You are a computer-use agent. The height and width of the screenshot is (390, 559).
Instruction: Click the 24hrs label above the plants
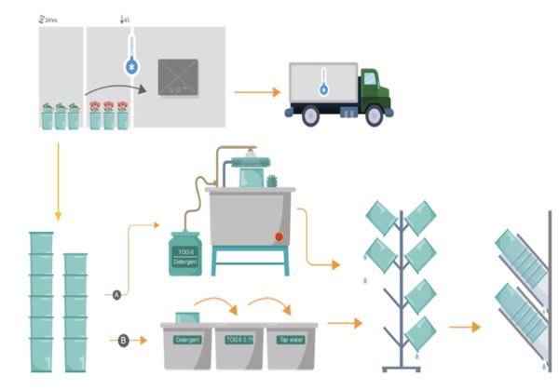pyautogui.click(x=48, y=18)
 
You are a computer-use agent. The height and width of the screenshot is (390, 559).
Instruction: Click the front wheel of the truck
pyautogui.click(x=374, y=116)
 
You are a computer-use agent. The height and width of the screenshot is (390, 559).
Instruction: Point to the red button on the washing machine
pyautogui.click(x=278, y=237)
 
